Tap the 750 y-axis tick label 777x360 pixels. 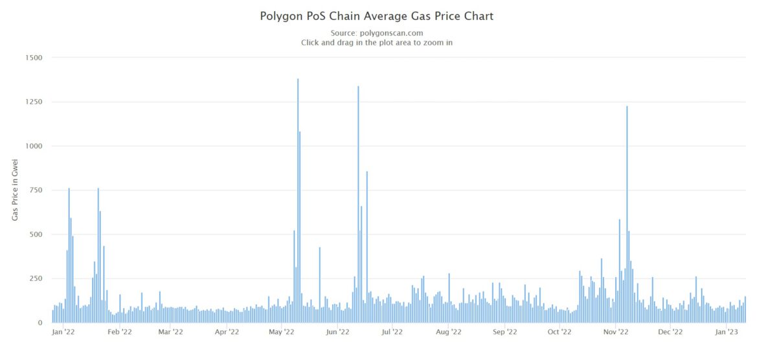tap(36, 190)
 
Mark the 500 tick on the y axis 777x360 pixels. tap(36, 234)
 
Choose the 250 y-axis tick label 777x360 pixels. tap(36, 278)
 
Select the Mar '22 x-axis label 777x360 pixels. tap(170, 332)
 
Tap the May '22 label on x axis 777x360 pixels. tap(281, 332)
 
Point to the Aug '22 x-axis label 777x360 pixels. tap(448, 332)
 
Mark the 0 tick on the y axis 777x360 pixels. tap(40, 322)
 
